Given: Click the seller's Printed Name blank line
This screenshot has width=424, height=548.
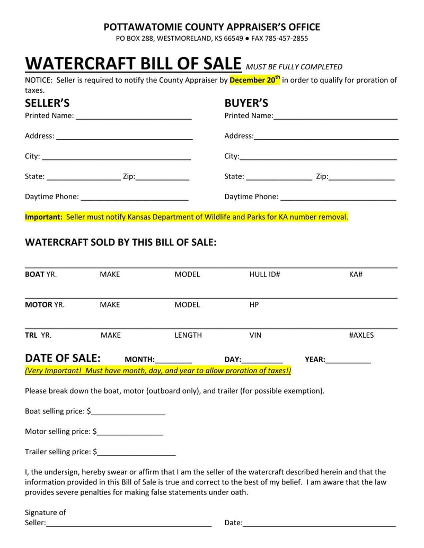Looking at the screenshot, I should (134, 117).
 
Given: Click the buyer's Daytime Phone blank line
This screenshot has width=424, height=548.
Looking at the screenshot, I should (338, 198).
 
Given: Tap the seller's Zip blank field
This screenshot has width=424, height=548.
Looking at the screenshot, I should (163, 178).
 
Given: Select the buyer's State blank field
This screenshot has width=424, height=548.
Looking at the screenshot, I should (279, 178).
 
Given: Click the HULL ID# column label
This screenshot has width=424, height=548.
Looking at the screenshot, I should (264, 274).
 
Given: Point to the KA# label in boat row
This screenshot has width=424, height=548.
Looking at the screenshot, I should (356, 274).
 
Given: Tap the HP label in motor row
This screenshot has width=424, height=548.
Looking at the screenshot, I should (254, 305).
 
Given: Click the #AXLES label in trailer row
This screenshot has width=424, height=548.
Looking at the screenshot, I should (361, 335).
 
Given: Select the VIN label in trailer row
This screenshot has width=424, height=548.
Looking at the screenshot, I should (255, 335).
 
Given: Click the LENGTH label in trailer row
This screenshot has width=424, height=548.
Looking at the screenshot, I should (188, 335).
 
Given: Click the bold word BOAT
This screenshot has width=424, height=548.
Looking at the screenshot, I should (34, 274).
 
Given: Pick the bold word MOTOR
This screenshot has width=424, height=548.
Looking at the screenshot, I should (38, 305).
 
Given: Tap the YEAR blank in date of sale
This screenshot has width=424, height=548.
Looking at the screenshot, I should (348, 361).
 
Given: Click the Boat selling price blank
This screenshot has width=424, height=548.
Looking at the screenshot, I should (128, 412).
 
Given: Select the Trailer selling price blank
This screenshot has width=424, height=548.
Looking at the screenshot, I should (136, 453).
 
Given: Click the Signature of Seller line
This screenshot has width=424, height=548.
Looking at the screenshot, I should (129, 524).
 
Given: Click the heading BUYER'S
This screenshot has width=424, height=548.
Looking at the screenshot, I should (246, 103).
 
